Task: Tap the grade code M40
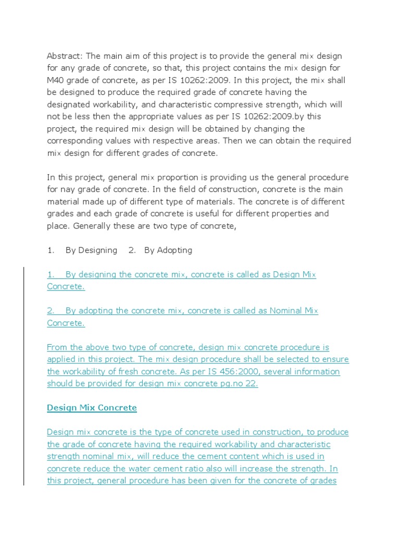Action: pos(56,80)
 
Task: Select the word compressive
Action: pos(235,104)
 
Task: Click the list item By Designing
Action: pos(91,250)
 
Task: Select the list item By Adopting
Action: pos(168,250)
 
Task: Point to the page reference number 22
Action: pos(251,384)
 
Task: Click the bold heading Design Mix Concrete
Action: pos(92,408)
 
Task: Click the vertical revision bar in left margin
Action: pos(23,375)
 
